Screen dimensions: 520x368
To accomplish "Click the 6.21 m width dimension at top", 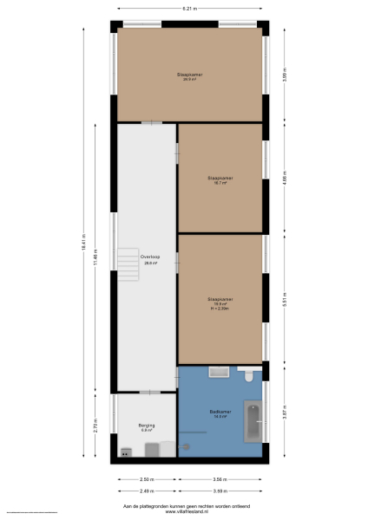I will tap(188, 8).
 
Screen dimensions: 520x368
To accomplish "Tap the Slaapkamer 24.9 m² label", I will tap(188, 77).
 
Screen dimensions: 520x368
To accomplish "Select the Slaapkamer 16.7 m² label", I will tap(220, 180).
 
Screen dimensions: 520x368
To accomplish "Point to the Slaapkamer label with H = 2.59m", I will tap(220, 302).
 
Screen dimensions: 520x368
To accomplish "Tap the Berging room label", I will tap(146, 427).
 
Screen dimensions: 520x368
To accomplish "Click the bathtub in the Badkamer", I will tap(253, 424).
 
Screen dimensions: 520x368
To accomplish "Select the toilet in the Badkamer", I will tap(248, 374).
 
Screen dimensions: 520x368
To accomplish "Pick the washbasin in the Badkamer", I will tap(218, 372).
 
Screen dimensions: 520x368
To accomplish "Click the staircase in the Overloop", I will tap(129, 263).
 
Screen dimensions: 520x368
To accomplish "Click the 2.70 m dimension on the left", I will tap(98, 426).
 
